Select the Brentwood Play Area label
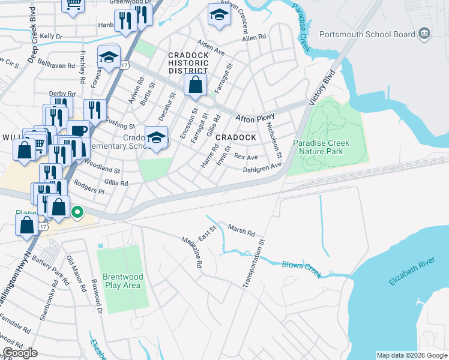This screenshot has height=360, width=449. coord(122,281)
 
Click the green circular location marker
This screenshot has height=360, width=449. coord(77,212)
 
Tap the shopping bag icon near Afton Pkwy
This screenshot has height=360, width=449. coord(195,85)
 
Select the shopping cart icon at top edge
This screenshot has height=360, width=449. coord(73,3)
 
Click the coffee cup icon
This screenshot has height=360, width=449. coord(77,130)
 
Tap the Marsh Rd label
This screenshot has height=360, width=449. coord(241,230)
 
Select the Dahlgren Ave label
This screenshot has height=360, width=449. coord(262,169)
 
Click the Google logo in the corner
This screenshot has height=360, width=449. coord(19,352)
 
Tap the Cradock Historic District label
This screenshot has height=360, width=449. coord(188,62)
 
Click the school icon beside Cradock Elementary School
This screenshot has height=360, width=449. coord(156,139)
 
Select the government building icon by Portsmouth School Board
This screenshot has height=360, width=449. coord(425,33)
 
